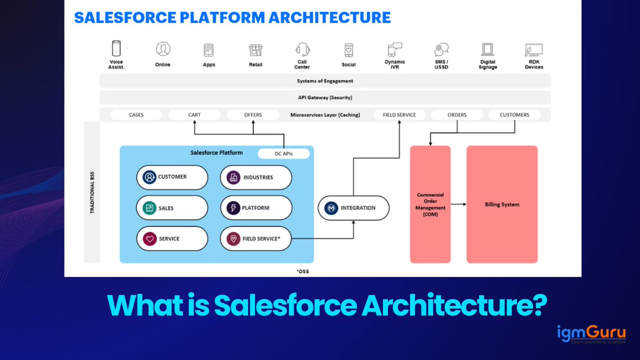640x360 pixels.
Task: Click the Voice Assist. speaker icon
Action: coord(116,49)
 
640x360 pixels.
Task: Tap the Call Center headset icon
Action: coord(302,50)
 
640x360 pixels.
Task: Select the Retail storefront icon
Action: coord(255,50)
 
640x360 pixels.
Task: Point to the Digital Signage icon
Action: coord(487,50)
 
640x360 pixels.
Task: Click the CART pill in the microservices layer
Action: coord(194,115)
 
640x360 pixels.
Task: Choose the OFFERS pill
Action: coord(253,115)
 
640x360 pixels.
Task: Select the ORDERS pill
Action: coord(457,115)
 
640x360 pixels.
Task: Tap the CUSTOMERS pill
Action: coord(514,115)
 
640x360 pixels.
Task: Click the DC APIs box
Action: coord(284,154)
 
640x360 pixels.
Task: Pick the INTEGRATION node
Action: coord(353,208)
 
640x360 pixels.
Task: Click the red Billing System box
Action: coord(502,204)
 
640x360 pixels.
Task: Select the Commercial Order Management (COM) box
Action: coord(430,204)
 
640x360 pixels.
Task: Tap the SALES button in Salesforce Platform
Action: coord(172,208)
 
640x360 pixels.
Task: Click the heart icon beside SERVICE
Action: coord(149,239)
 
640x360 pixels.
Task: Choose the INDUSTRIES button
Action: coord(256,177)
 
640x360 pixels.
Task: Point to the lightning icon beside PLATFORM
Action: coord(233,208)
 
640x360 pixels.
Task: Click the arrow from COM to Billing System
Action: coord(458,204)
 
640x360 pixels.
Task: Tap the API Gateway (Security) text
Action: coord(325,98)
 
